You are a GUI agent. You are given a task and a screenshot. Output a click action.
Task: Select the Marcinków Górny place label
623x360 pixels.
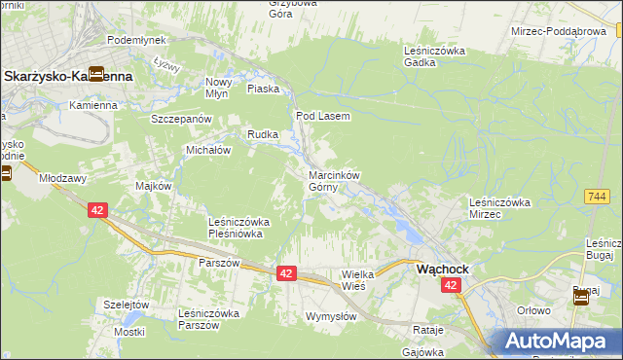pyautogui.click(x=335, y=181)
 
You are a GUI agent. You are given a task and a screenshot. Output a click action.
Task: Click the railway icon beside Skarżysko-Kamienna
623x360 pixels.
pyautogui.click(x=96, y=73)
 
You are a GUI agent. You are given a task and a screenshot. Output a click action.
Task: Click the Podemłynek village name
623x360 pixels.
pyautogui.click(x=136, y=39)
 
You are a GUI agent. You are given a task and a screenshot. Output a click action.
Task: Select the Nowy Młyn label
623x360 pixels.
pyautogui.click(x=219, y=89)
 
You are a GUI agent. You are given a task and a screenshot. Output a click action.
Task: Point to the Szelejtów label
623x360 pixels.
pyautogui.click(x=127, y=305)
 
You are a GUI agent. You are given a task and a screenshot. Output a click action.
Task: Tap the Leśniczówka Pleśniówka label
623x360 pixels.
pyautogui.click(x=239, y=228)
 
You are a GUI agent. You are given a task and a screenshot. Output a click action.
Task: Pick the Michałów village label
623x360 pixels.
pyautogui.click(x=207, y=151)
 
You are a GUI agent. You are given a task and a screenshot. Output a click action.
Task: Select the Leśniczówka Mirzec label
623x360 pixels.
pyautogui.click(x=498, y=207)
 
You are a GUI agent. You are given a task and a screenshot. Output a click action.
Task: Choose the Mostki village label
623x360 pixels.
pyautogui.click(x=128, y=332)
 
